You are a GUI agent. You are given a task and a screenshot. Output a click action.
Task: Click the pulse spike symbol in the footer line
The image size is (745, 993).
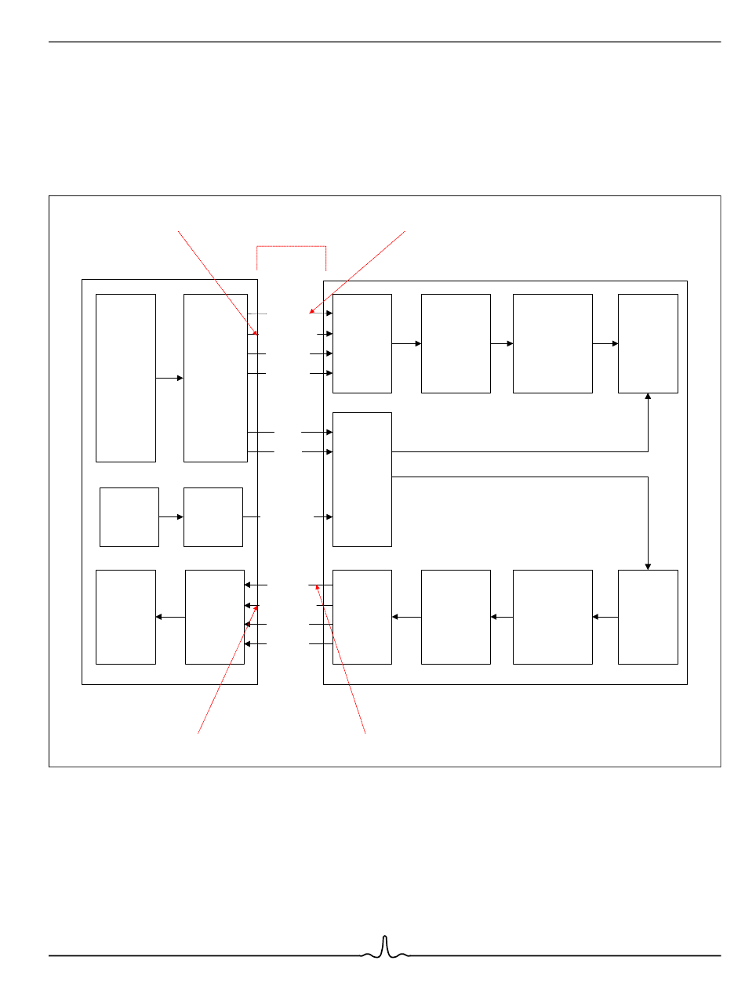tap(384, 948)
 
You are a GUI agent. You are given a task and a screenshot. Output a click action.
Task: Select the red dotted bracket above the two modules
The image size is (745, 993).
tap(291, 247)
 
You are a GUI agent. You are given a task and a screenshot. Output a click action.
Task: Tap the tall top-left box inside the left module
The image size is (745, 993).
tap(125, 378)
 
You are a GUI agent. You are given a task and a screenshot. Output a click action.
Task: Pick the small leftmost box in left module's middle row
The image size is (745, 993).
tap(129, 517)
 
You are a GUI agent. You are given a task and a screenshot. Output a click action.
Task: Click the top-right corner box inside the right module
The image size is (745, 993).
tap(648, 343)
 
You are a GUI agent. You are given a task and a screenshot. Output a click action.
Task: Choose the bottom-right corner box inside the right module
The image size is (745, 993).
tap(648, 617)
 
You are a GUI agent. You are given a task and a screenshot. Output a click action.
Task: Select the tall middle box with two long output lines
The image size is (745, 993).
tap(362, 479)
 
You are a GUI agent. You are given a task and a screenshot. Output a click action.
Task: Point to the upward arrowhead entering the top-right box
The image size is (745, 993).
tap(648, 397)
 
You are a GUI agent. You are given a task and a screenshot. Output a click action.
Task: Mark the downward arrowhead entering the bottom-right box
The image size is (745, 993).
tap(648, 566)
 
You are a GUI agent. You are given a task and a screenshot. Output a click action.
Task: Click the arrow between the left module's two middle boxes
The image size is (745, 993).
tap(171, 517)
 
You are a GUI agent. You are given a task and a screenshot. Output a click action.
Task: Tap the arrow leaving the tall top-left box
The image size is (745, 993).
tap(169, 378)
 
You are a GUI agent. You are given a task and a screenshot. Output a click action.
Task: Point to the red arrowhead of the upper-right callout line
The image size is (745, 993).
tap(311, 313)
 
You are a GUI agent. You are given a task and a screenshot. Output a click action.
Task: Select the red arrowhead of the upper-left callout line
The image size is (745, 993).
tap(256, 333)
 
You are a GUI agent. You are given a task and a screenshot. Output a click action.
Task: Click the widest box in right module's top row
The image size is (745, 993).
tap(552, 343)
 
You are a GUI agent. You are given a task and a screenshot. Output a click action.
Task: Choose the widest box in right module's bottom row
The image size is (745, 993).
tap(552, 617)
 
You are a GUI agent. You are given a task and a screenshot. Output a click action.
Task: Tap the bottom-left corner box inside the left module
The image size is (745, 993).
tap(125, 617)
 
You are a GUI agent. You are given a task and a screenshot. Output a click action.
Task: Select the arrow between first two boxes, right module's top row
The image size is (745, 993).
tap(406, 343)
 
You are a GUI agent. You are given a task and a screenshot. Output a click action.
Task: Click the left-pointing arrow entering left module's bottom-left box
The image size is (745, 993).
tap(170, 617)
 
